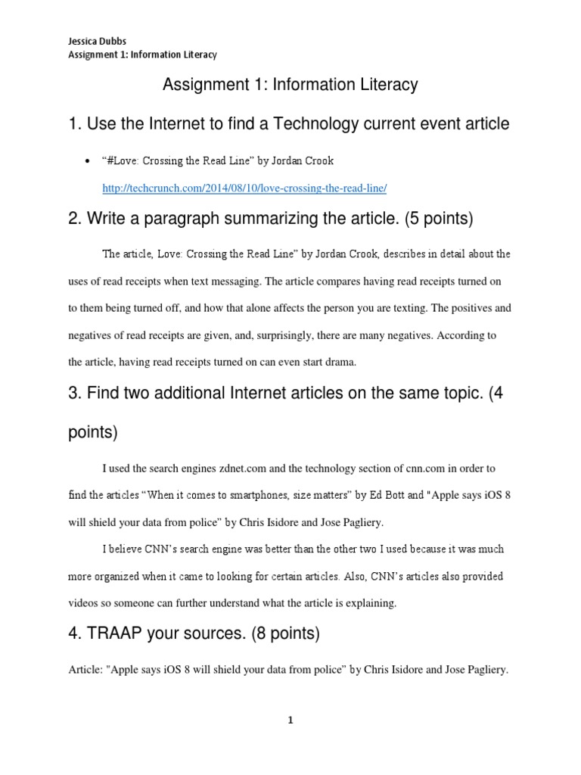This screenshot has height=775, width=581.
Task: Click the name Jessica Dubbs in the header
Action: click(x=90, y=42)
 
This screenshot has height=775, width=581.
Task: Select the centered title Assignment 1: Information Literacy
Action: click(x=290, y=85)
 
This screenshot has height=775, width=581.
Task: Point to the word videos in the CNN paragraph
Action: click(x=85, y=603)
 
